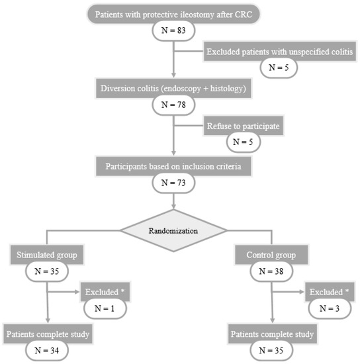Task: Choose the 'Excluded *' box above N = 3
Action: click(328, 292)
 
